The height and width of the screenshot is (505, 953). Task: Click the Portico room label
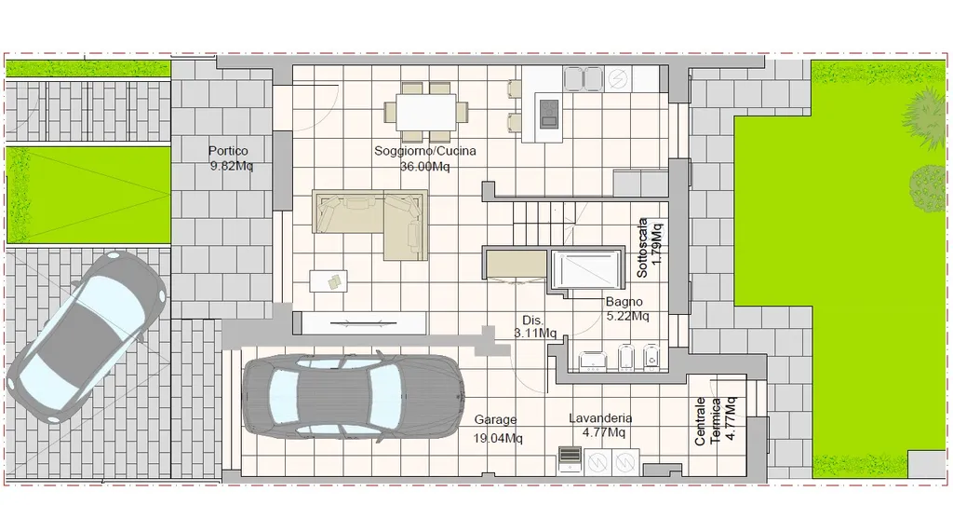[228, 151]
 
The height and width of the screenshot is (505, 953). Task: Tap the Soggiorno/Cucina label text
[424, 151]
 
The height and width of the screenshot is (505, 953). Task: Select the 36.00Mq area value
[424, 166]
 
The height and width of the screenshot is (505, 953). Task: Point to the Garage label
[495, 420]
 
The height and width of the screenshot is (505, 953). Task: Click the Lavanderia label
[600, 418]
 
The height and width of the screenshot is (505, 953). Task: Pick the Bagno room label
[624, 302]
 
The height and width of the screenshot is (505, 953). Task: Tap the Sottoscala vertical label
[642, 248]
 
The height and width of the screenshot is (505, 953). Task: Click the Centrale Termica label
[707, 422]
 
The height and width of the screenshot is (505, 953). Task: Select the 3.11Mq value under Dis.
[535, 333]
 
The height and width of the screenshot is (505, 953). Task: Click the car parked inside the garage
[353, 397]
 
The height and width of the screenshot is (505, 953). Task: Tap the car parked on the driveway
[87, 337]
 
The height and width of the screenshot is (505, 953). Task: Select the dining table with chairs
[426, 112]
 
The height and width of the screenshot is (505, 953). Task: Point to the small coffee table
[329, 281]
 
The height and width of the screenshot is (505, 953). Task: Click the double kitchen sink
[584, 79]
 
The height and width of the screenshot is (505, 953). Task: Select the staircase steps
[544, 223]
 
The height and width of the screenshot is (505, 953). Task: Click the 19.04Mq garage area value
[498, 438]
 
